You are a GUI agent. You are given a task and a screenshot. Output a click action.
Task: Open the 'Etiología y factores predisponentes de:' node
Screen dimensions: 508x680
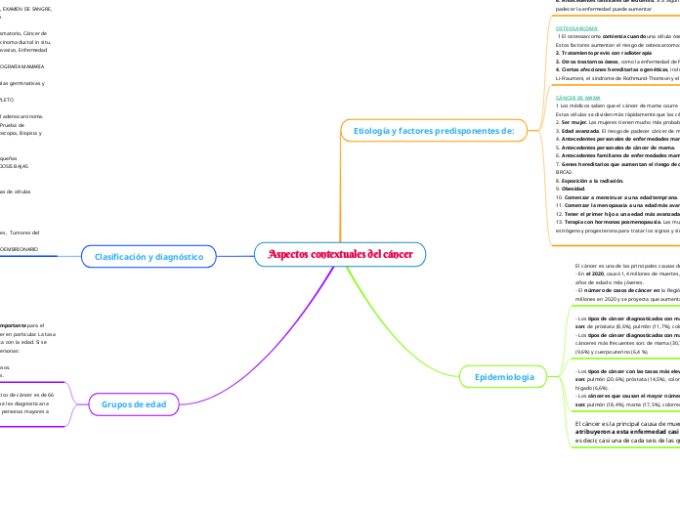(x=433, y=129)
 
